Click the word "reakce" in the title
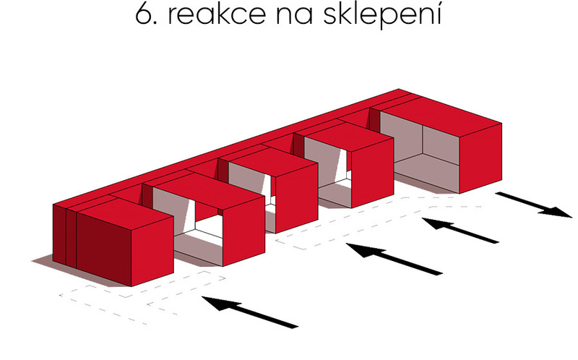(216, 14)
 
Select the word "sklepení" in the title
(382, 16)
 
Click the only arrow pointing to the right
(534, 205)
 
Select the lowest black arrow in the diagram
(250, 312)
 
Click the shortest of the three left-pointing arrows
(460, 230)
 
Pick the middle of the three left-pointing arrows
(394, 259)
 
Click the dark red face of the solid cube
(104, 249)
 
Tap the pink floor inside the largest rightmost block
(428, 173)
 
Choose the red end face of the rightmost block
(480, 158)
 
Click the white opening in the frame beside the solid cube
(208, 226)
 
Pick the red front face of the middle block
(297, 199)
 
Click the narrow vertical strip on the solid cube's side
(71, 239)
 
